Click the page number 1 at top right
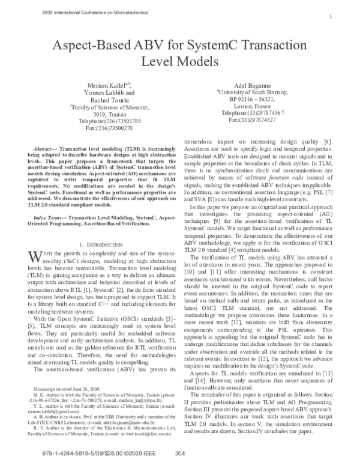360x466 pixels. (331, 16)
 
